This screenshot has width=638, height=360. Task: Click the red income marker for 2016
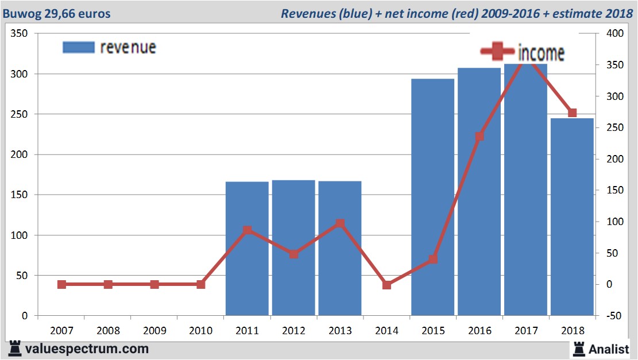[x=480, y=137]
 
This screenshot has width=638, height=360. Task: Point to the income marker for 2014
[x=386, y=285]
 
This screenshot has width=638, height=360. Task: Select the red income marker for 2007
[x=61, y=284]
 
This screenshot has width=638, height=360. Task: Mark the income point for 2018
[x=572, y=113]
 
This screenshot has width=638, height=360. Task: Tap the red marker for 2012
[x=293, y=254]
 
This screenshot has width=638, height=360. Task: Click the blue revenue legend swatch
[x=78, y=47]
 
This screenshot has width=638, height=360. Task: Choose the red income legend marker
[x=497, y=52]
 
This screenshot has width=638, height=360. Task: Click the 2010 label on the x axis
[x=200, y=331]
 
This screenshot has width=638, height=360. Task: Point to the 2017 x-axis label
[x=525, y=331]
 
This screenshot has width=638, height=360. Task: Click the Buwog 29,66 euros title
[x=56, y=13]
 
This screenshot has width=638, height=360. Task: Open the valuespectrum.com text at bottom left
[x=87, y=349]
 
